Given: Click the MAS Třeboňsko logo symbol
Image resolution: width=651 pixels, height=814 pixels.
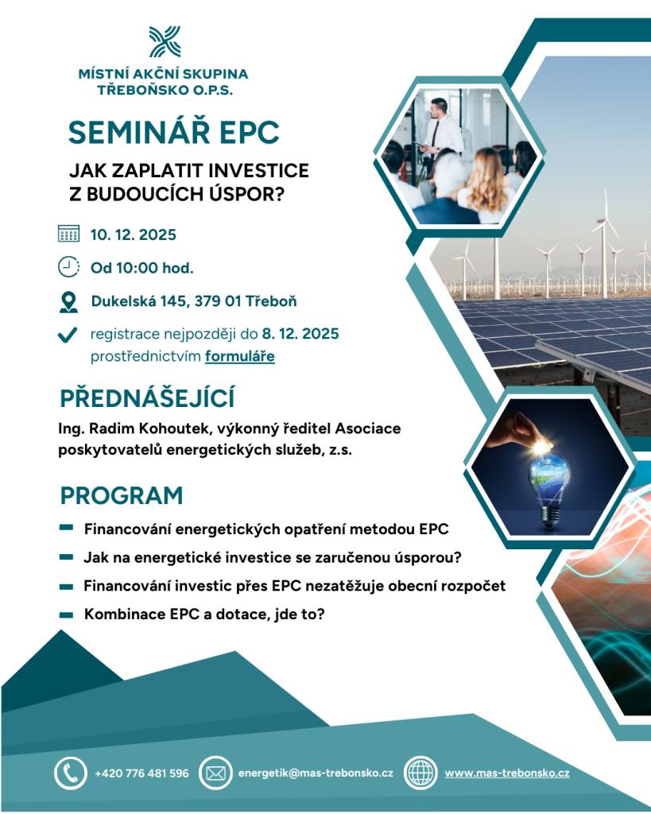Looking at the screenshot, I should pos(164,41).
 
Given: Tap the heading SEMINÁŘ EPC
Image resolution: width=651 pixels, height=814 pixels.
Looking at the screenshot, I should pos(173,133).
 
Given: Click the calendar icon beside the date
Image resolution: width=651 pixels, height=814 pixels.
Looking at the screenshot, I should pos(69,235).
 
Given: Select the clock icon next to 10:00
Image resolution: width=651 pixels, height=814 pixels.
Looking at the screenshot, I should pos(69,267).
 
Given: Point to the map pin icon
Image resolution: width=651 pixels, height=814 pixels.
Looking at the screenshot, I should pos(69,302).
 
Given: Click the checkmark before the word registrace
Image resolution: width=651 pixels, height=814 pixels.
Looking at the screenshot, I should pos(68,335).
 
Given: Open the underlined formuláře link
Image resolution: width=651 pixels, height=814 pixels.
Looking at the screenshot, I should pos(239,356).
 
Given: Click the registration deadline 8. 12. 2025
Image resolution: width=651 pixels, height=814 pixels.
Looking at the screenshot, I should pos(300,333).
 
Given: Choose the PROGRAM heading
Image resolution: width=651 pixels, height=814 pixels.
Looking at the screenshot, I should pos(121,495).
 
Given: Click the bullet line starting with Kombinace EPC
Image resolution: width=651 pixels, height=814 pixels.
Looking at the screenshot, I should pos(203,614).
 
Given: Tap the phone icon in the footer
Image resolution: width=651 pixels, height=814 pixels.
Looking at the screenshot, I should pos(70,772).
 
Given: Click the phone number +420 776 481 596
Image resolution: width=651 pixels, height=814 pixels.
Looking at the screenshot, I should pos(141,773).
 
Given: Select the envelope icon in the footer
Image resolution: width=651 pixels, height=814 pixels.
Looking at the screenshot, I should pos(215,773).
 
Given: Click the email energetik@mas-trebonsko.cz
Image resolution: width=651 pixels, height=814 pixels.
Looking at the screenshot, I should pos(316,773).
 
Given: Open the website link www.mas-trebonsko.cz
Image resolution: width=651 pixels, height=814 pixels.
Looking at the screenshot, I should pos(506,773).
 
